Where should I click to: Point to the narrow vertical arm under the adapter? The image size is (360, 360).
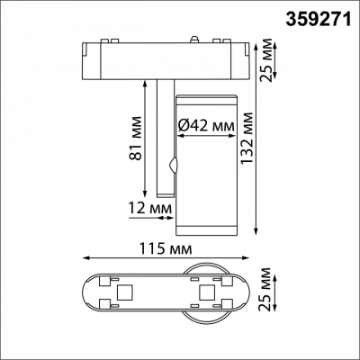click(x=163, y=135)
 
